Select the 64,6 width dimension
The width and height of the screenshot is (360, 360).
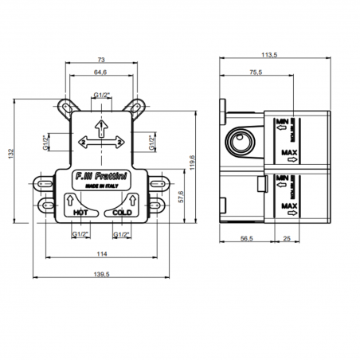click(x=100, y=73)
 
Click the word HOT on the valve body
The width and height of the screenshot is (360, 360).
click(x=80, y=213)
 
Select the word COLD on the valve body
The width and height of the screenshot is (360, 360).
click(x=121, y=213)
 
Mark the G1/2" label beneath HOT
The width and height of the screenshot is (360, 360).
click(x=80, y=234)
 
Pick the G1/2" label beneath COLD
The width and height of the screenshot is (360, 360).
click(x=121, y=234)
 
